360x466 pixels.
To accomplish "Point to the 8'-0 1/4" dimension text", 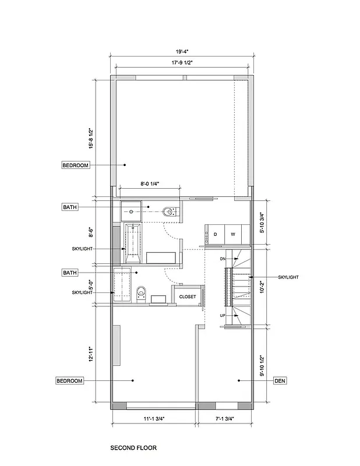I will click(150, 183).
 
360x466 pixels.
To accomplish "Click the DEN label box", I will click(278, 380).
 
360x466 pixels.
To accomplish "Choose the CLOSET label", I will click(188, 296).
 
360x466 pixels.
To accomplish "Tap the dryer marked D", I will click(216, 234).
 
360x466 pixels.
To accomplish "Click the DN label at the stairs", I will click(223, 258).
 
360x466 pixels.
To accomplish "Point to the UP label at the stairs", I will click(223, 315).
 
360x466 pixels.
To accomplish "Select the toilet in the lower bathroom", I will click(140, 294).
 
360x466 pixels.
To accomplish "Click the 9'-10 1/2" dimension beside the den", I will click(262, 366).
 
